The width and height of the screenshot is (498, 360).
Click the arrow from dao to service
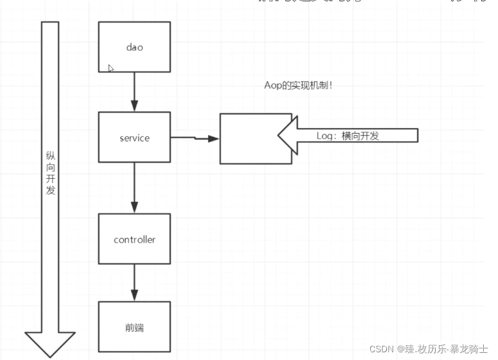(134, 91)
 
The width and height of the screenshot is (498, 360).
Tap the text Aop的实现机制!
(298, 85)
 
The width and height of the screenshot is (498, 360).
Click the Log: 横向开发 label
(348, 136)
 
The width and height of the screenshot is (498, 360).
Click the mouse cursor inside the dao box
(111, 68)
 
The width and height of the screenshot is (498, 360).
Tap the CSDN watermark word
(382, 348)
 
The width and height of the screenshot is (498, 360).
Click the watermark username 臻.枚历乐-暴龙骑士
(443, 348)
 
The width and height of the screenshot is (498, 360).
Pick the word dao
(134, 47)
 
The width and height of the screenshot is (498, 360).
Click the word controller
(134, 240)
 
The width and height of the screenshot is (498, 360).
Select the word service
(134, 138)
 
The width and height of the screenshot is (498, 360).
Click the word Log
(325, 136)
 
